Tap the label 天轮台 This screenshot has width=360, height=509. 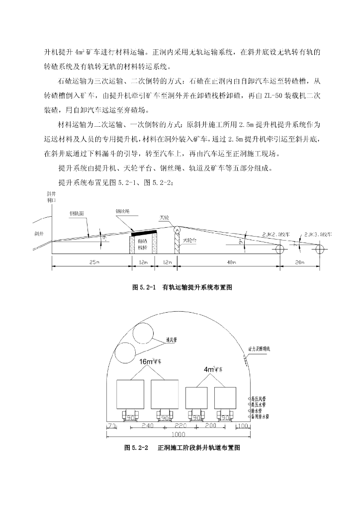pos(189,240)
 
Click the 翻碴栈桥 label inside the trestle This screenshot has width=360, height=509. pos(142,244)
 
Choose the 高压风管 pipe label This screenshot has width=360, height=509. pos(260,399)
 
